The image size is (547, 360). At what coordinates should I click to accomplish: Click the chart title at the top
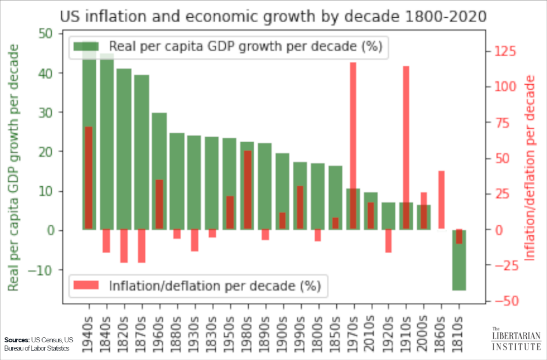[273, 16]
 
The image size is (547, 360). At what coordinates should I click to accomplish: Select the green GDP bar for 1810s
[458, 268]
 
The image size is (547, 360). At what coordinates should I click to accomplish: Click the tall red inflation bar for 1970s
[354, 127]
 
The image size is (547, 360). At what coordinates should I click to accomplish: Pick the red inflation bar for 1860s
[441, 200]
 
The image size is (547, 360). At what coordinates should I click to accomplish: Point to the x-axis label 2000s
[424, 332]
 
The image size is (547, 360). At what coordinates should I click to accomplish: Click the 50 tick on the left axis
[46, 33]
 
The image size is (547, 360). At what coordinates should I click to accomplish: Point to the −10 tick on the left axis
[42, 269]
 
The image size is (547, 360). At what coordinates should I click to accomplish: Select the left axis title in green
[14, 167]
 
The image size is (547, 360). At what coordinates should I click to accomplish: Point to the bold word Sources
[17, 340]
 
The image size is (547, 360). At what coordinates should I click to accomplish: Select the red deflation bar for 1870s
[142, 246]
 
